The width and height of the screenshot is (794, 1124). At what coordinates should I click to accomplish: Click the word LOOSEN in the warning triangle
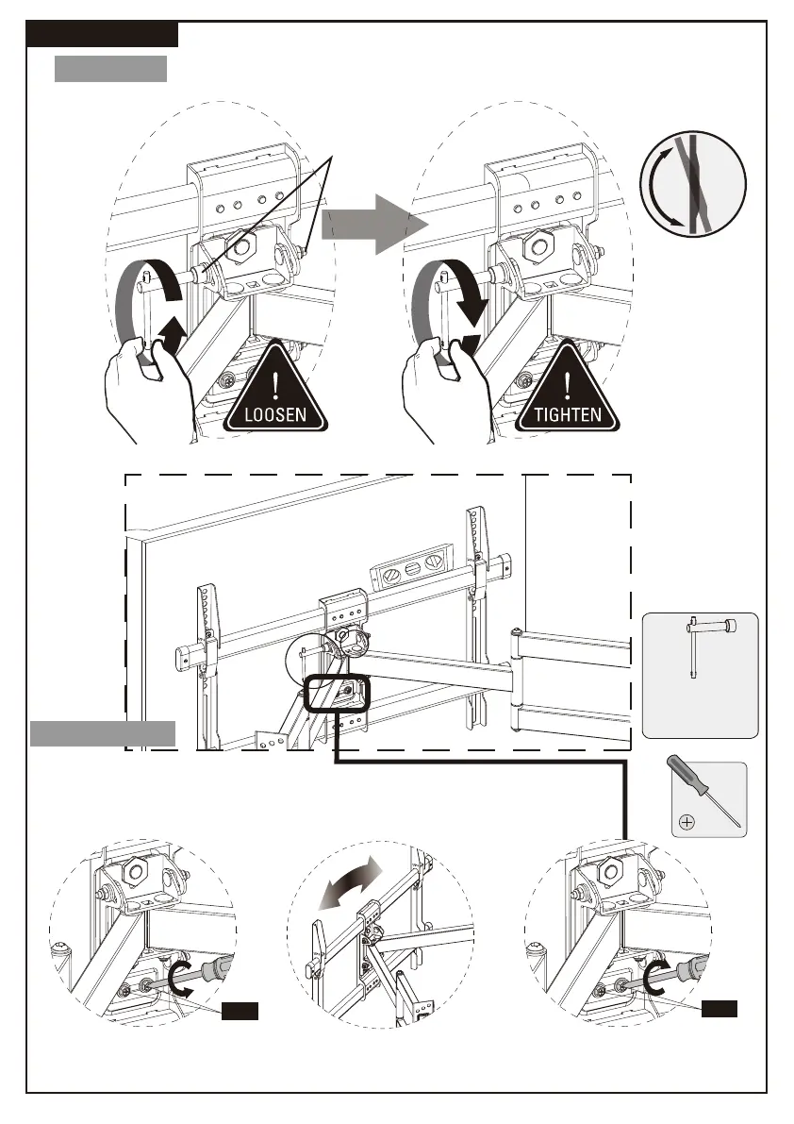(275, 413)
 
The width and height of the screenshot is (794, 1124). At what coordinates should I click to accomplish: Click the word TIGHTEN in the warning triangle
(568, 413)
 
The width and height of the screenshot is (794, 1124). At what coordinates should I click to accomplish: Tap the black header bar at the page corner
(102, 35)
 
